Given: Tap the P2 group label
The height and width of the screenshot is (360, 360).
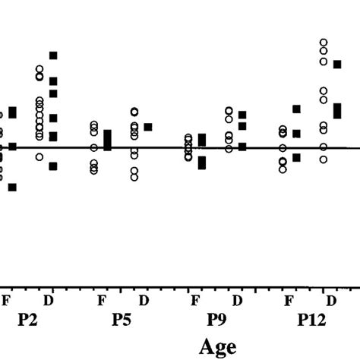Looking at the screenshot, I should pyautogui.click(x=28, y=321).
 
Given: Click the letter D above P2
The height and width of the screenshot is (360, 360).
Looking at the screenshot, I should pyautogui.click(x=49, y=300).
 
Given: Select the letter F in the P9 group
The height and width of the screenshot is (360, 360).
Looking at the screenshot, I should pyautogui.click(x=195, y=300).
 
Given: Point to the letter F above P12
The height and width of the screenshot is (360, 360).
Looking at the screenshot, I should pyautogui.click(x=289, y=300).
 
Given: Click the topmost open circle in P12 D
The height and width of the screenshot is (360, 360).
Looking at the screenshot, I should pyautogui.click(x=324, y=43).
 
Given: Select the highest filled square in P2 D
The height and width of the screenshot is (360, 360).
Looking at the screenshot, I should pyautogui.click(x=53, y=55).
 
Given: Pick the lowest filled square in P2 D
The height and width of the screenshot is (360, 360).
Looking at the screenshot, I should pyautogui.click(x=53, y=166).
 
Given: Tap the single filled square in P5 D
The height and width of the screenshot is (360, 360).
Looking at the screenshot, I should pyautogui.click(x=148, y=127).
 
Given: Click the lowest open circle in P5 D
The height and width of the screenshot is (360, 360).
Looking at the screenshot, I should pyautogui.click(x=134, y=177).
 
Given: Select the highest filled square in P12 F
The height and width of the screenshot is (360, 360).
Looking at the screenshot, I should pyautogui.click(x=297, y=109).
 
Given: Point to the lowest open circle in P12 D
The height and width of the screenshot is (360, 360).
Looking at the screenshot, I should pyautogui.click(x=324, y=159).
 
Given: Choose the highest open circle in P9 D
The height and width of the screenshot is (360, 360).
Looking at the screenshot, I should pyautogui.click(x=229, y=111).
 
